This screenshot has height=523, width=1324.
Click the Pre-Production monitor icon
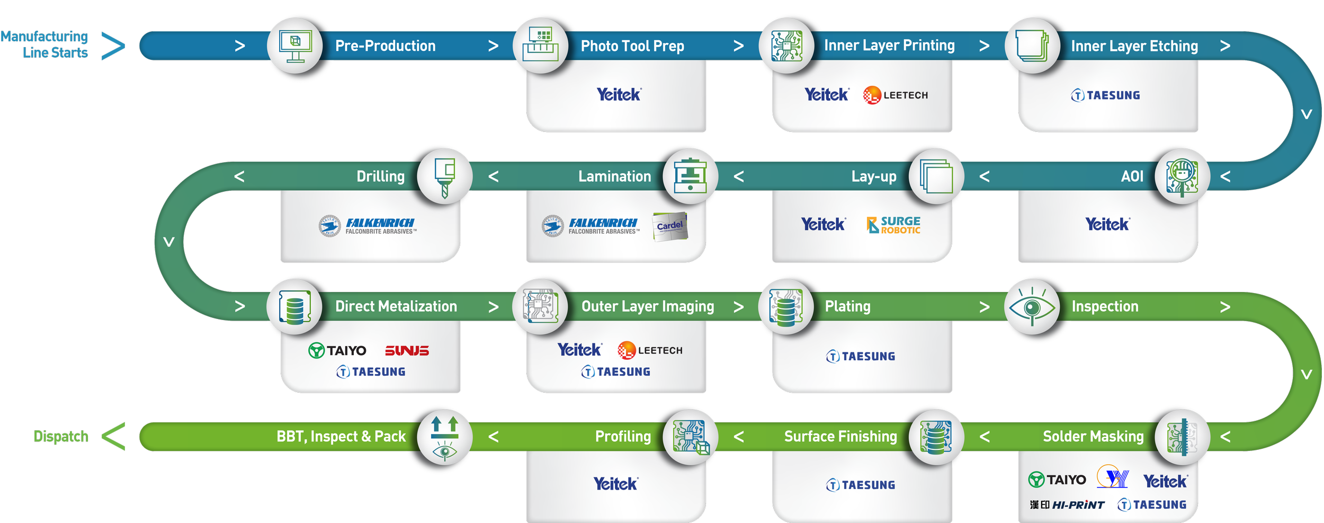[x=295, y=46]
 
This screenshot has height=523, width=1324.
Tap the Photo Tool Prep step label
[x=632, y=46]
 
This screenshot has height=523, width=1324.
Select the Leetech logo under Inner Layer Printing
[x=896, y=95]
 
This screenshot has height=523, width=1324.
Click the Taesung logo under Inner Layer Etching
[x=1106, y=95]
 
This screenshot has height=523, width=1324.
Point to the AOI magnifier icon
[x=1183, y=176]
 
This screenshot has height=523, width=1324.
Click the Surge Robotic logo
[x=894, y=225]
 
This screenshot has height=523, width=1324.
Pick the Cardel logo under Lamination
[x=670, y=226]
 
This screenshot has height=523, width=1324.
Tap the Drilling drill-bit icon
[x=445, y=176]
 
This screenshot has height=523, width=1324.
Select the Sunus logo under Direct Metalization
[x=407, y=351]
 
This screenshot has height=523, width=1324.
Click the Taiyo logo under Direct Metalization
[x=337, y=351]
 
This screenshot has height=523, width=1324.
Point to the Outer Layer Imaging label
[x=648, y=306]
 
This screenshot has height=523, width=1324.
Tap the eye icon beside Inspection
[x=1032, y=307]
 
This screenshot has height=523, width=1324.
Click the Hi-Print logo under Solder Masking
[x=1067, y=505]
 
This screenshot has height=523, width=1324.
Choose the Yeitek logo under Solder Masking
[x=1165, y=481]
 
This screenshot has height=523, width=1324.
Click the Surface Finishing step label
[x=840, y=437]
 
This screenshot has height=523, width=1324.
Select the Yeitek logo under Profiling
[x=616, y=484]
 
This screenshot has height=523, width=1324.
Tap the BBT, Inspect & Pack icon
[x=444, y=437]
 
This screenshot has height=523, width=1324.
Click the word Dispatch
[x=61, y=437]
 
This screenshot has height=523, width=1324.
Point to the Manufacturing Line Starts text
[x=45, y=45]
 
